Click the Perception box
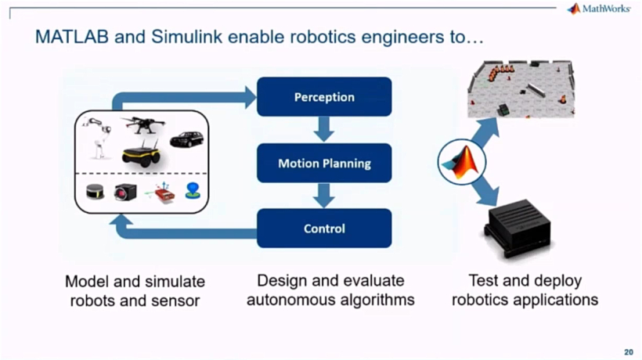click(324, 97)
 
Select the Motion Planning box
click(324, 164)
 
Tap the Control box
click(324, 229)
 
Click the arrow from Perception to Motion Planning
click(324, 129)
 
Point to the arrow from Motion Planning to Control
click(324, 196)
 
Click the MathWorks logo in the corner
click(599, 9)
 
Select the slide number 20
click(629, 352)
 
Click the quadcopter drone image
click(143, 124)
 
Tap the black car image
click(186, 139)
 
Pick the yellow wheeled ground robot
click(141, 153)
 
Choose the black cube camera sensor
click(125, 192)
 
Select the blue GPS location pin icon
click(193, 191)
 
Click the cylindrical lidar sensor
click(95, 192)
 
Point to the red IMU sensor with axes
click(161, 193)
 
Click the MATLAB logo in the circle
click(462, 162)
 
